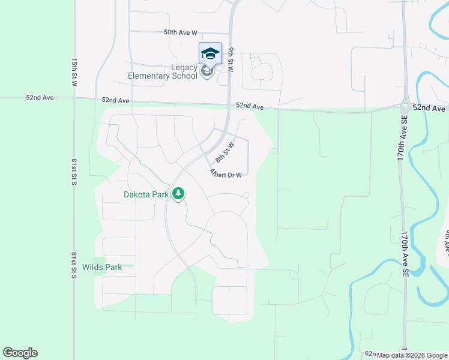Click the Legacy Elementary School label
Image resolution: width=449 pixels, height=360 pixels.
[162, 71]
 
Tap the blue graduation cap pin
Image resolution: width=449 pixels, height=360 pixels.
[210, 53]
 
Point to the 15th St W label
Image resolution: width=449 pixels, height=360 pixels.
[74, 73]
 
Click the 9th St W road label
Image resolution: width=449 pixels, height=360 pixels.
[231, 59]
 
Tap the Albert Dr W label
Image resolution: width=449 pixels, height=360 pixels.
[226, 173]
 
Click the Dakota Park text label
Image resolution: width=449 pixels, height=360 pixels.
[146, 194]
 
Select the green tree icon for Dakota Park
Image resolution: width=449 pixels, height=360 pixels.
[178, 194]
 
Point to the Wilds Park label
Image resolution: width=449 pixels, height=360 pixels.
[102, 267]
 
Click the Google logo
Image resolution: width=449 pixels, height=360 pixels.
[20, 353]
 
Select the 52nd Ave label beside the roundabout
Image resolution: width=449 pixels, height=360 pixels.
[432, 108]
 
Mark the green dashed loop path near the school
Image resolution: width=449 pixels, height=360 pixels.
[261, 69]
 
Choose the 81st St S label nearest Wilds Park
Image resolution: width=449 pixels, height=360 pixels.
[74, 265]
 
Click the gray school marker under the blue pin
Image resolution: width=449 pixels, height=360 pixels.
[207, 72]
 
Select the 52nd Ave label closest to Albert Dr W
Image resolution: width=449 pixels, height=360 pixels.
[250, 106]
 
